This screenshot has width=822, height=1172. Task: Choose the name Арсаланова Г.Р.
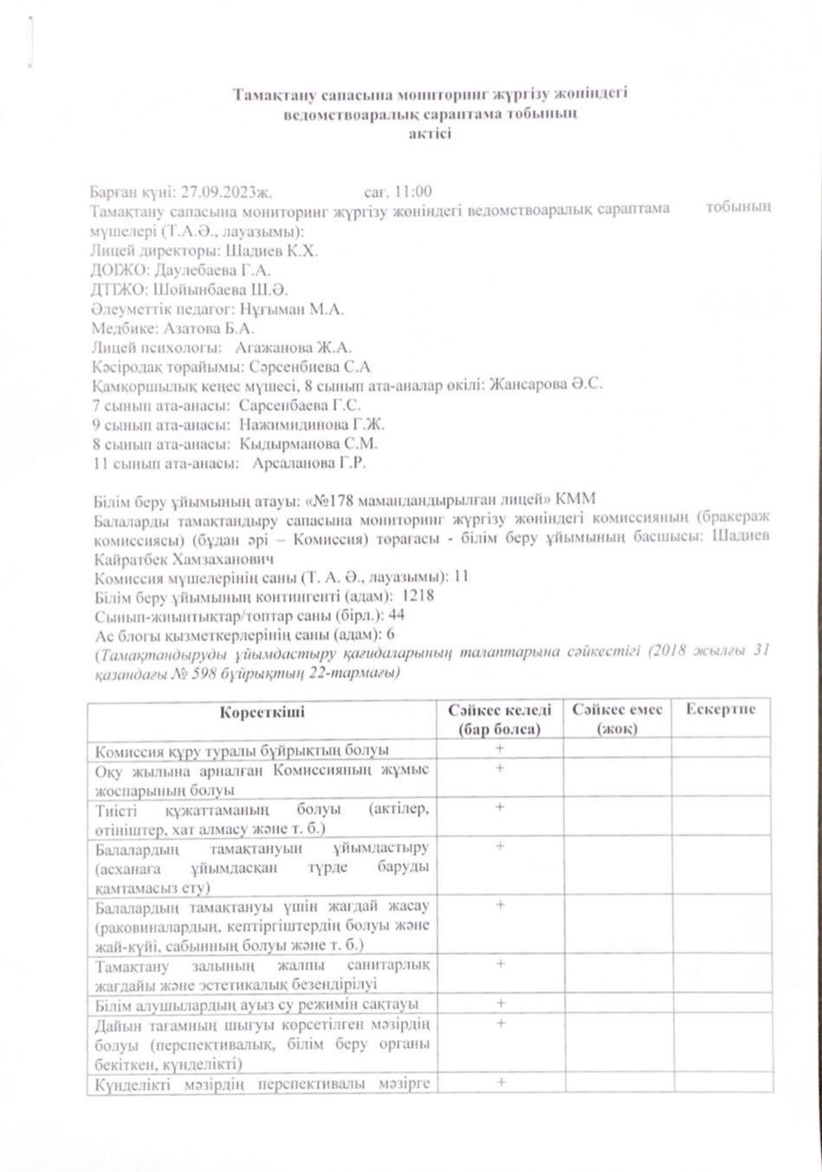[x=308, y=463]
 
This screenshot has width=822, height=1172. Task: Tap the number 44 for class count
[x=397, y=615]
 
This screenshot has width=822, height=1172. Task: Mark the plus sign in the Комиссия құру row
[x=500, y=748]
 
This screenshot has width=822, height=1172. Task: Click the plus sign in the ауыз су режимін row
[x=500, y=1003]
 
